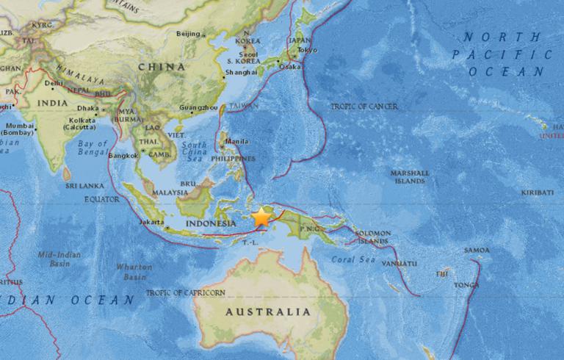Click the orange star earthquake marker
pos(262,217)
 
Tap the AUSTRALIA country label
pos(267,312)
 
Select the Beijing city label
pos(189,33)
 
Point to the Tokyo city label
pos(308,50)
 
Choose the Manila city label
pos(237,142)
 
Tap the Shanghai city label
pos(242,72)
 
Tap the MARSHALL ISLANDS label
pos(410,177)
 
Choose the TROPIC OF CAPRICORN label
pos(185,292)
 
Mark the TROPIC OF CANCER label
pos(364,107)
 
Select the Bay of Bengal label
pos(93,148)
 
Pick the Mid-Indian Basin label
pos(59,259)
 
